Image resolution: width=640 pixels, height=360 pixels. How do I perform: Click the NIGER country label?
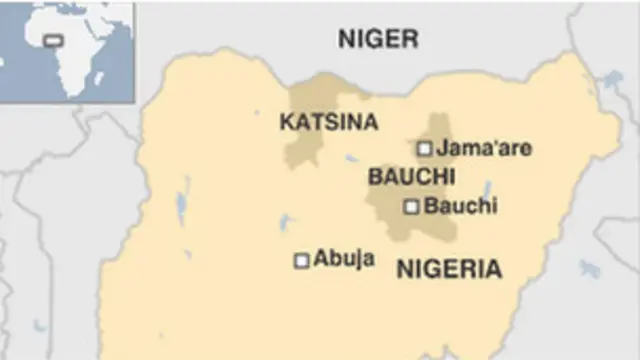click(378, 40)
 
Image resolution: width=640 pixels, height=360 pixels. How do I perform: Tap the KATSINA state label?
click(329, 122)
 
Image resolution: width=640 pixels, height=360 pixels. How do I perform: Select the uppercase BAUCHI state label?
click(411, 177)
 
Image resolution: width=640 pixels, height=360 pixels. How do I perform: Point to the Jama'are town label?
click(484, 149)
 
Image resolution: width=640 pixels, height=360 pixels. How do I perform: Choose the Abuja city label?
click(344, 258)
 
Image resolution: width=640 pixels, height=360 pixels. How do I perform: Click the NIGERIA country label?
click(449, 268)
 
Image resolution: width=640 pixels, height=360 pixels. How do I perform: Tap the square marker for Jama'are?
click(424, 149)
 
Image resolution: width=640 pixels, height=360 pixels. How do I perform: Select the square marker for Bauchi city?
click(410, 207)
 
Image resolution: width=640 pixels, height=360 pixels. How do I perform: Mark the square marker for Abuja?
click(301, 260)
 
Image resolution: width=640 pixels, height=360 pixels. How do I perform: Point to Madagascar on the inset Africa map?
click(118, 77)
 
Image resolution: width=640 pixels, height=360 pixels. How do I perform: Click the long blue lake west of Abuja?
click(182, 206)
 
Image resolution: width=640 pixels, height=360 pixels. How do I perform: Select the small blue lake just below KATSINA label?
click(351, 157)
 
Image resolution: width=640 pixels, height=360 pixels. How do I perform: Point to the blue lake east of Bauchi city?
click(486, 190)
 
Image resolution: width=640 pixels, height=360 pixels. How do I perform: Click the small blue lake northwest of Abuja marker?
click(284, 222)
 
